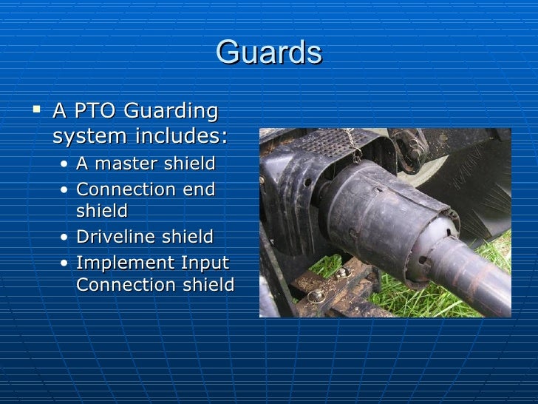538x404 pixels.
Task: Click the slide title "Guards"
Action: [x=269, y=53]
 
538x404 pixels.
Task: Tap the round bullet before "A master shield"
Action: [x=67, y=164]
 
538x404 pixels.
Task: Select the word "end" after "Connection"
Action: [x=198, y=189]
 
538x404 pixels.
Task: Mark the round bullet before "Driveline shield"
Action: [x=67, y=238]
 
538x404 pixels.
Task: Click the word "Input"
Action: [x=203, y=263]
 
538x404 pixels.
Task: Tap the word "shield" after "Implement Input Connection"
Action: [x=208, y=285]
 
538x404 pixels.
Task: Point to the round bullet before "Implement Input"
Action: [x=67, y=263]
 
